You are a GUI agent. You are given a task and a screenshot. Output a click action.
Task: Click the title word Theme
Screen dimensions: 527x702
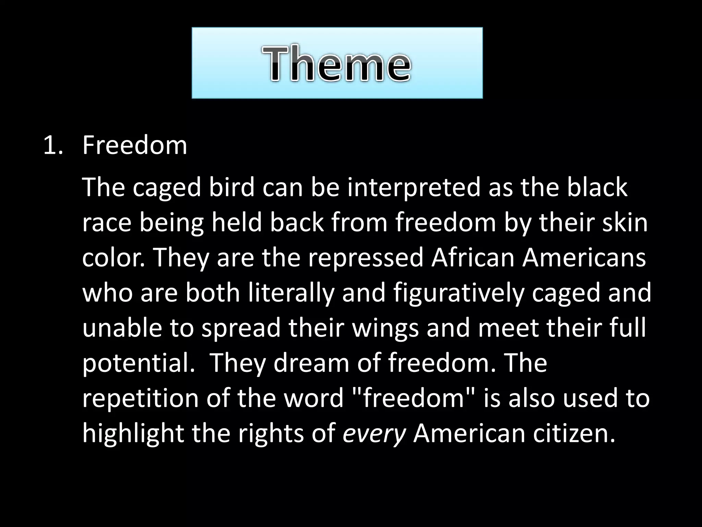[x=337, y=64]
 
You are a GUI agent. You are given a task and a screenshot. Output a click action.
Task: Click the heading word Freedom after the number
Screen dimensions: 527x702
[x=135, y=145]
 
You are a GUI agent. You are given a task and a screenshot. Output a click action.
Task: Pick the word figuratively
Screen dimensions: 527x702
[x=459, y=293]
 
